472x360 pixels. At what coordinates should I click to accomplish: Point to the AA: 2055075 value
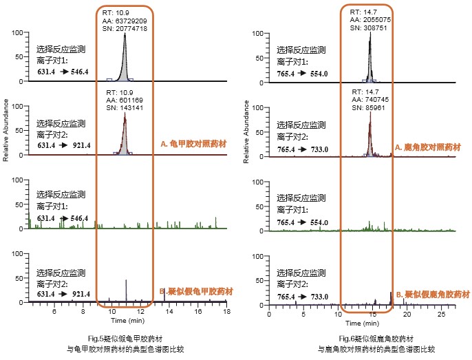(372, 19)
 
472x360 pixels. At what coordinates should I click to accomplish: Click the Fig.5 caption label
(120, 337)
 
